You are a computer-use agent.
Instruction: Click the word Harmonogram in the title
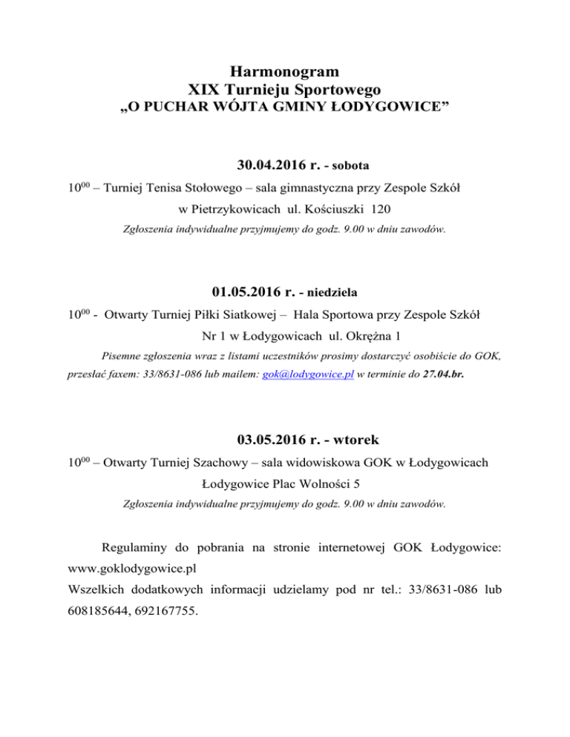tap(285, 72)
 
